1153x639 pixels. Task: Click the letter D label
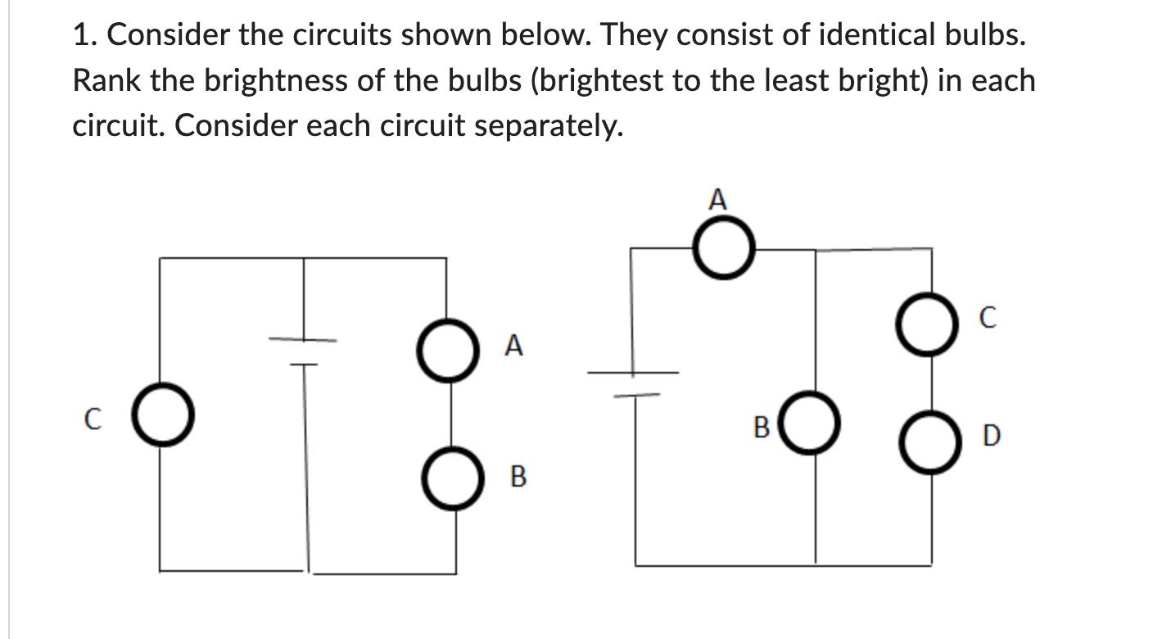pyautogui.click(x=990, y=436)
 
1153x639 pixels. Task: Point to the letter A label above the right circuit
pyautogui.click(x=717, y=199)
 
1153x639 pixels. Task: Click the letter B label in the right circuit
pyautogui.click(x=761, y=427)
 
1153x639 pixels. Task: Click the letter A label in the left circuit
pyautogui.click(x=513, y=347)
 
